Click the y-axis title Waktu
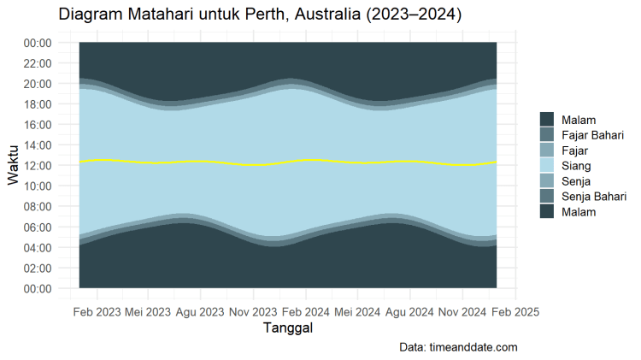point(15,165)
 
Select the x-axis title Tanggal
point(287,329)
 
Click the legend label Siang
point(576,166)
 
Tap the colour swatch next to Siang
point(547,166)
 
